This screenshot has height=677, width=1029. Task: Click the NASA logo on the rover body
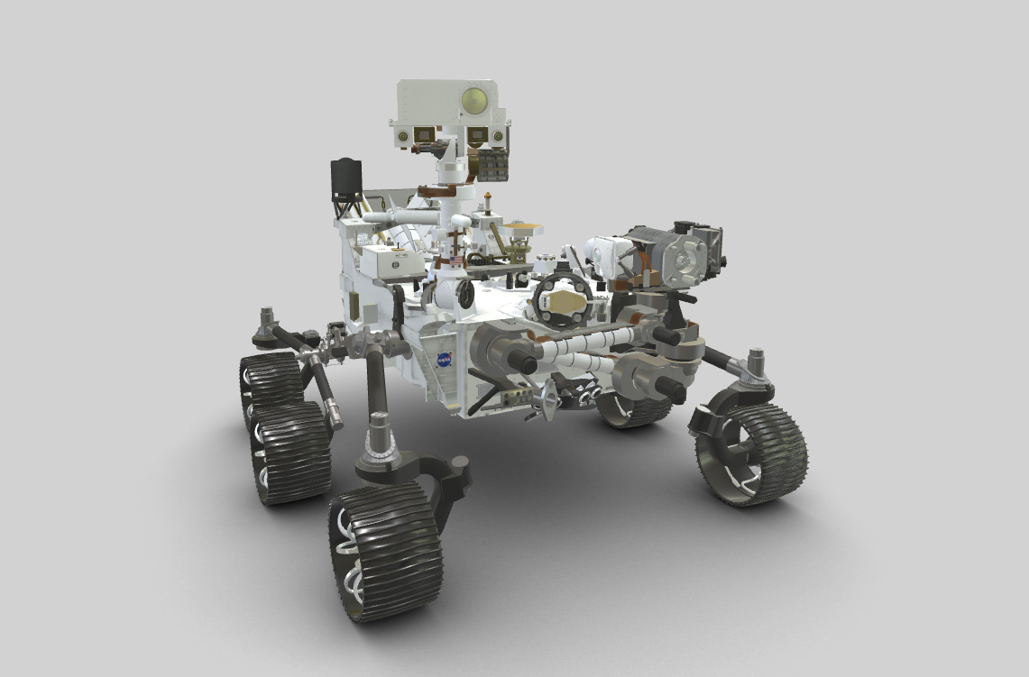click(x=445, y=360)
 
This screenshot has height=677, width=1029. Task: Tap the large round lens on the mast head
click(x=474, y=99)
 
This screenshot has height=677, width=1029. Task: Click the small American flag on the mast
click(x=455, y=261)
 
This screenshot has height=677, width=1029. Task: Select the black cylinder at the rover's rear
click(x=346, y=179)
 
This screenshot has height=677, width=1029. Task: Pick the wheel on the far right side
click(x=750, y=454)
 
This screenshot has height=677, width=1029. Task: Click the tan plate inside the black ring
click(x=565, y=301)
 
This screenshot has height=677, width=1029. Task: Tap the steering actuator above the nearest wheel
click(x=378, y=438)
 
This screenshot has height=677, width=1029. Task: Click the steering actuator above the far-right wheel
click(x=754, y=366)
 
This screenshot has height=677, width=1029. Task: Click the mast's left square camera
click(x=420, y=136)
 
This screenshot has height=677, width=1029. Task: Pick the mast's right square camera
click(x=475, y=135)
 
